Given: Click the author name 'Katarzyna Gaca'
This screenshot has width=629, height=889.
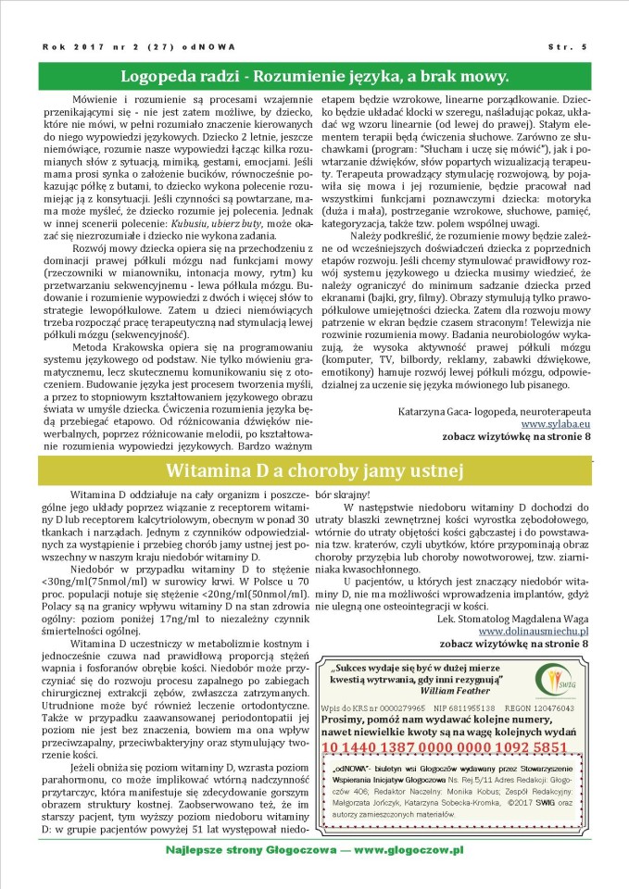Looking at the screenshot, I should coord(435,408).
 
